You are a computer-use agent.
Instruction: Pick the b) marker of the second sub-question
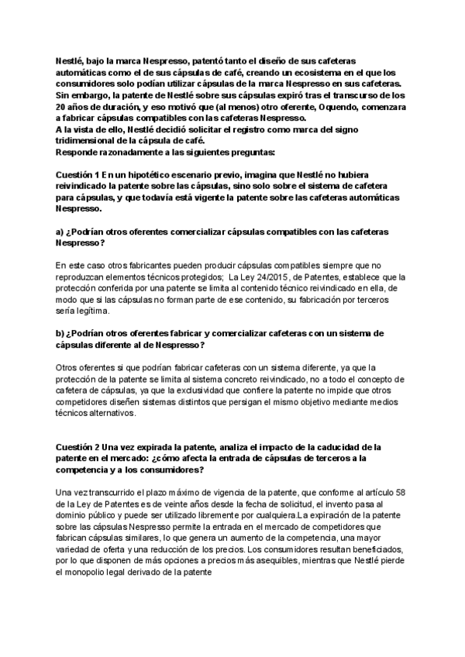click(60, 332)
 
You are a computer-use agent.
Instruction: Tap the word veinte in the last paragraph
click(145, 504)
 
